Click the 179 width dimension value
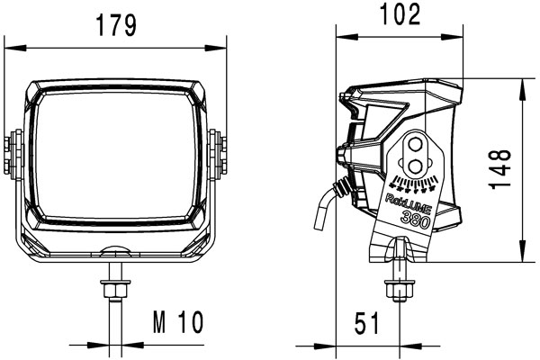point(116,26)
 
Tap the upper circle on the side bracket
point(417,147)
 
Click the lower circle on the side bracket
point(417,164)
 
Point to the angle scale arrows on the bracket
point(416,185)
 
